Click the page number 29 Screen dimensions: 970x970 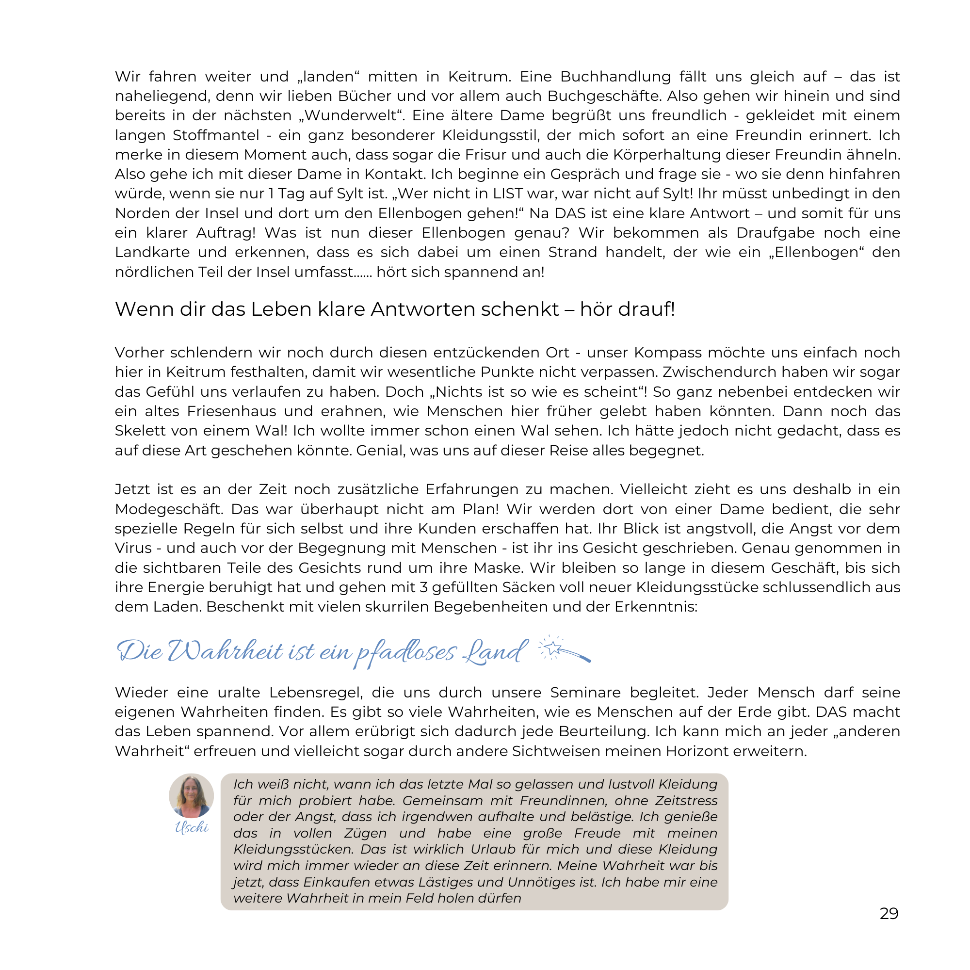point(889,913)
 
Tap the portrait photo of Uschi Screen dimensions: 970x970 point(191,795)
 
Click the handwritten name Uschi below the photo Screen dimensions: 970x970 point(191,827)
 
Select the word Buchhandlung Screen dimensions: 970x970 point(615,77)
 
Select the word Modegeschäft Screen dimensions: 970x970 point(169,509)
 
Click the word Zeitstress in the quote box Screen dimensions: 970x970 point(687,801)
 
